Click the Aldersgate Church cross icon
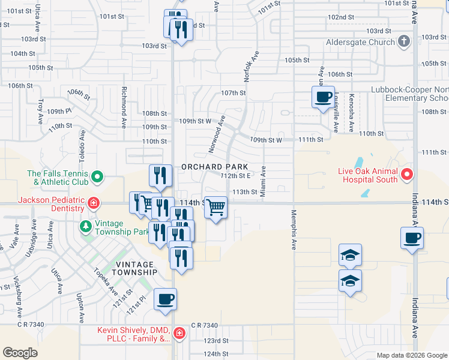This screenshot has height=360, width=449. [404, 41]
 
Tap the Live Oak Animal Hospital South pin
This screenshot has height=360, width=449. [406, 175]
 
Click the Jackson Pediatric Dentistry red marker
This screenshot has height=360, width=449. [93, 203]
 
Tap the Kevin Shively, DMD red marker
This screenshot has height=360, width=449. [178, 333]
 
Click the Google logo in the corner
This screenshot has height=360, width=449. [20, 352]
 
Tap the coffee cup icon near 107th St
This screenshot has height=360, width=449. [323, 96]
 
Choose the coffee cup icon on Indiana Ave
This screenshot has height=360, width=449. [412, 238]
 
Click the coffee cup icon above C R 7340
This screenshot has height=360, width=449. [165, 298]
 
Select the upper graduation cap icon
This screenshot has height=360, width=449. [351, 255]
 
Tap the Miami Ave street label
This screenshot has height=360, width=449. [263, 181]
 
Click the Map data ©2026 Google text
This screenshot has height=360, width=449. [411, 355]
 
